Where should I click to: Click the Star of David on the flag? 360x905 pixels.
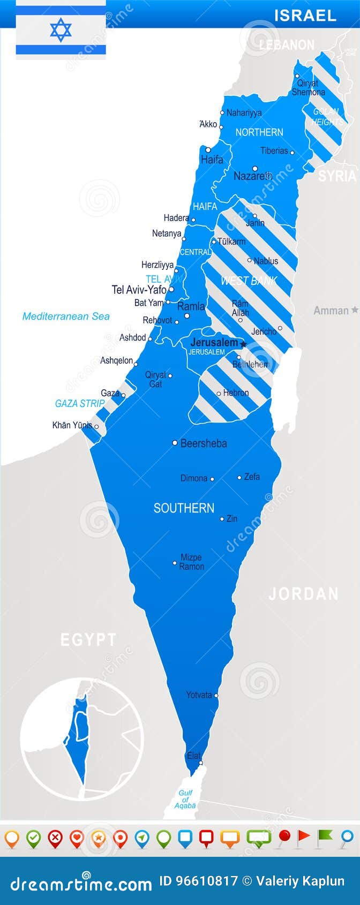61,30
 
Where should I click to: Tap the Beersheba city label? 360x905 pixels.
204,443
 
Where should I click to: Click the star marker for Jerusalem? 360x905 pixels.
243,344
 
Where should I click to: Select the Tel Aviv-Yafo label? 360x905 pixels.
139,290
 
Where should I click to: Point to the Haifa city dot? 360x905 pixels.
208,150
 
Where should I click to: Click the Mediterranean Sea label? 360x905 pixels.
66,316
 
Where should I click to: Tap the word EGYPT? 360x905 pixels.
88,639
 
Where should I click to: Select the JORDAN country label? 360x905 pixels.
303,594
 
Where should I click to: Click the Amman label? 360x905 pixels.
331,311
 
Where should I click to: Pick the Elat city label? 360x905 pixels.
193,756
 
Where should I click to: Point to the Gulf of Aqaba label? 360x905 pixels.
185,799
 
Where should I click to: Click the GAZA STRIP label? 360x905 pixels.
80,404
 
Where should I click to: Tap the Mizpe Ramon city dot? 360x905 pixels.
175,563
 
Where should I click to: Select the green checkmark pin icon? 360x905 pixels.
33,838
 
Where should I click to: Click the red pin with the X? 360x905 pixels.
55,838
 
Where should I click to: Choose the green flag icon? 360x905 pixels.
325,836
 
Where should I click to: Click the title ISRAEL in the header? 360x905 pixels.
305,16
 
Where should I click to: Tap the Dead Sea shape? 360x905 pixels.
285,388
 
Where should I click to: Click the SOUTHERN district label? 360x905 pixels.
184,508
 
